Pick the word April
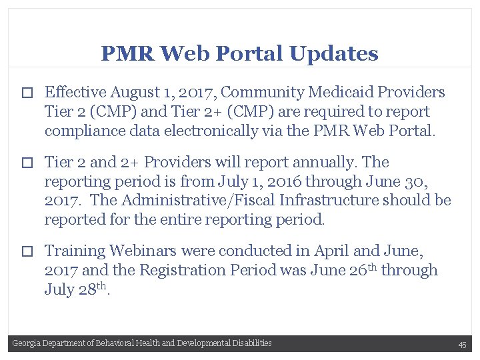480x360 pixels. point(329,251)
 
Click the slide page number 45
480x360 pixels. point(462,345)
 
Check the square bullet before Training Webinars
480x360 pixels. point(27,252)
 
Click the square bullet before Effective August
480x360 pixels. point(27,93)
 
